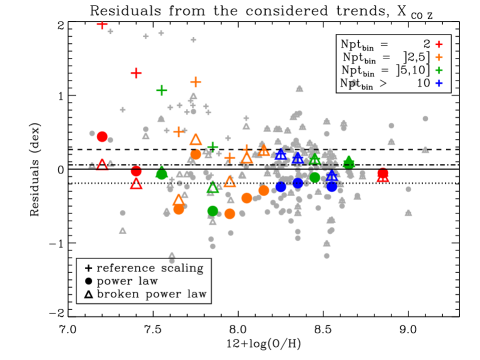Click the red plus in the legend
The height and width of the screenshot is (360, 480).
(438, 45)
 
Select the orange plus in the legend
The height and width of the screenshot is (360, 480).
(438, 58)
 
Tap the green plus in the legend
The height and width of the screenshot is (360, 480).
(438, 71)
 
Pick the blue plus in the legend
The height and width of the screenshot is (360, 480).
(438, 84)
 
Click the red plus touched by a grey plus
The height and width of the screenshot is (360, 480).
(102, 25)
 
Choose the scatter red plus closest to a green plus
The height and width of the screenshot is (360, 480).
(136, 73)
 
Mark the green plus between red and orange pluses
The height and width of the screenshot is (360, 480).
(161, 90)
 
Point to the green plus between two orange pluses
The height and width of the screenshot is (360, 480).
(212, 147)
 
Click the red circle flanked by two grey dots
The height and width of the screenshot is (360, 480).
(102, 137)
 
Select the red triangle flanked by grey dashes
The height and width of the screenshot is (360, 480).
(102, 165)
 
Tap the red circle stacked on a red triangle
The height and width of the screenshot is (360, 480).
(136, 171)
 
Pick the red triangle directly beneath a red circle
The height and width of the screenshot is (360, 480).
(136, 183)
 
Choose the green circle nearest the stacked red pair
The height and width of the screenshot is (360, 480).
(161, 175)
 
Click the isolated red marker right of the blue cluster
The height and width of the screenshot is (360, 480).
(383, 176)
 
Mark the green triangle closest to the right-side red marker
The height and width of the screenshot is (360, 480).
(349, 162)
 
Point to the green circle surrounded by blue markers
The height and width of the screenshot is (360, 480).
(315, 178)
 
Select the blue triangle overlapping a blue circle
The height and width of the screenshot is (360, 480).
(332, 176)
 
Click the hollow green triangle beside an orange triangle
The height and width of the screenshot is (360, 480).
(212, 188)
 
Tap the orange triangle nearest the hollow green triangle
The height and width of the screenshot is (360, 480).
(229, 182)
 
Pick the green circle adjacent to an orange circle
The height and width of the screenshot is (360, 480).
(213, 211)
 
